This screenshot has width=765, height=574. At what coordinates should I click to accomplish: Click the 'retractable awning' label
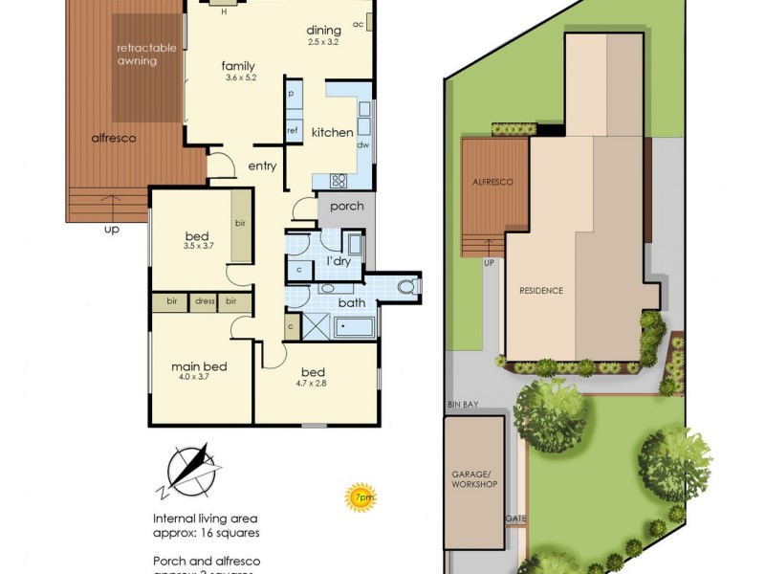coord(137,55)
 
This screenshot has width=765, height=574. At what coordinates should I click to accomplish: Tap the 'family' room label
coord(238,66)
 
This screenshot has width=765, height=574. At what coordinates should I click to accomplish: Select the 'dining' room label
coord(323,30)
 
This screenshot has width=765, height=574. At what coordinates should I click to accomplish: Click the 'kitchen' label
coord(332,133)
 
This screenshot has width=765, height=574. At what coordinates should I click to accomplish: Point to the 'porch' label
coord(346,207)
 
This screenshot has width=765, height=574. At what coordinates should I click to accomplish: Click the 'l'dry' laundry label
coord(339,260)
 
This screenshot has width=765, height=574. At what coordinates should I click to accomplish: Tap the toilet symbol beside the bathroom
coord(405,286)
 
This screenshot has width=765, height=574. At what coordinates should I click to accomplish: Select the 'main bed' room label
coord(199,366)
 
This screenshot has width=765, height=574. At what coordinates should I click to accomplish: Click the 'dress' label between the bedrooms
coord(204,302)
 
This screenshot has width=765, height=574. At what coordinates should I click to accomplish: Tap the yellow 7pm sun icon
coord(361,497)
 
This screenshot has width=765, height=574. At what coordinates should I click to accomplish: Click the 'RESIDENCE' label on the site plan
coord(541,291)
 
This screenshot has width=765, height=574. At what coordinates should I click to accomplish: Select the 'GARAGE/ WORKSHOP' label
coord(474,478)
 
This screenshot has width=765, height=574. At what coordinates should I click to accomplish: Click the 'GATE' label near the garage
coord(515,519)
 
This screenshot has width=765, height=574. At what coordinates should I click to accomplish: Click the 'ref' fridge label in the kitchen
coord(293,131)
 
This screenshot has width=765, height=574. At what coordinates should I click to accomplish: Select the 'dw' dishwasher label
coord(362,145)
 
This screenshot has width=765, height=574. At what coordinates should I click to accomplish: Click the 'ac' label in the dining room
coord(358,24)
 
